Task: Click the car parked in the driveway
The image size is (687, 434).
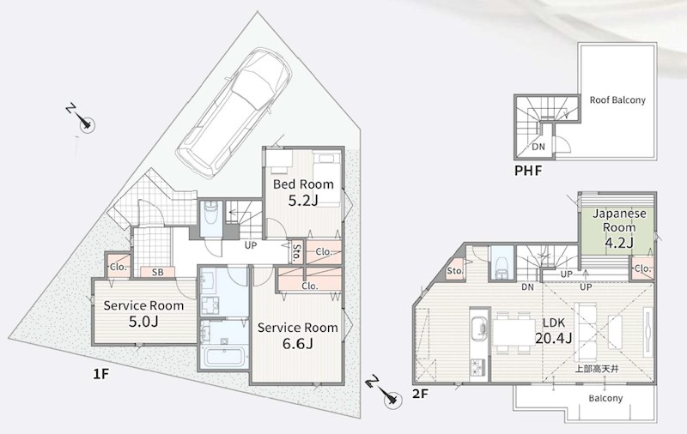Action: (x=234, y=112)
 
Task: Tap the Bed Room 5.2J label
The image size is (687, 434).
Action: (x=303, y=192)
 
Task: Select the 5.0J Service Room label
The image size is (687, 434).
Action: (x=143, y=313)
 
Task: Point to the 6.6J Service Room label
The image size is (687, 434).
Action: (x=297, y=335)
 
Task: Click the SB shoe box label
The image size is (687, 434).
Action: (x=158, y=272)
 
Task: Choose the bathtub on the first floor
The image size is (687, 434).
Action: (x=224, y=357)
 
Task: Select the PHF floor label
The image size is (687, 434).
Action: (x=528, y=171)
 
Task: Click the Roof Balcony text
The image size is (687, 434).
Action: (x=617, y=99)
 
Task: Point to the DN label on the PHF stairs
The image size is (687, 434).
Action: (x=538, y=147)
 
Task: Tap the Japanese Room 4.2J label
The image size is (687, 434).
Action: (x=619, y=227)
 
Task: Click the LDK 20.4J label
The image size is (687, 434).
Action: (x=554, y=330)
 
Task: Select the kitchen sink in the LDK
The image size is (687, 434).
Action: (x=479, y=327)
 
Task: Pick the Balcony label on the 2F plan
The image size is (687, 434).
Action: (x=605, y=398)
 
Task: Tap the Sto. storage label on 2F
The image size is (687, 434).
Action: (x=455, y=271)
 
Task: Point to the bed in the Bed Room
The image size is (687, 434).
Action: (x=326, y=178)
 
